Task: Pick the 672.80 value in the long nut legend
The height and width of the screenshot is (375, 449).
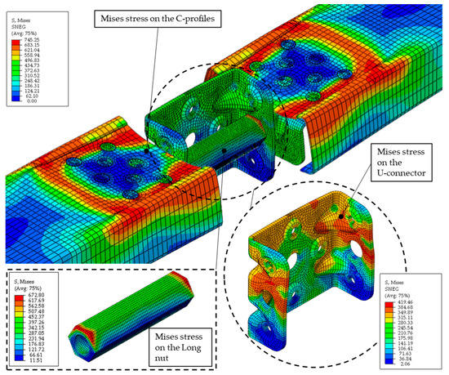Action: tap(34, 288)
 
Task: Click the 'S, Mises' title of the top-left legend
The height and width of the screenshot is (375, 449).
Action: tap(22, 18)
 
